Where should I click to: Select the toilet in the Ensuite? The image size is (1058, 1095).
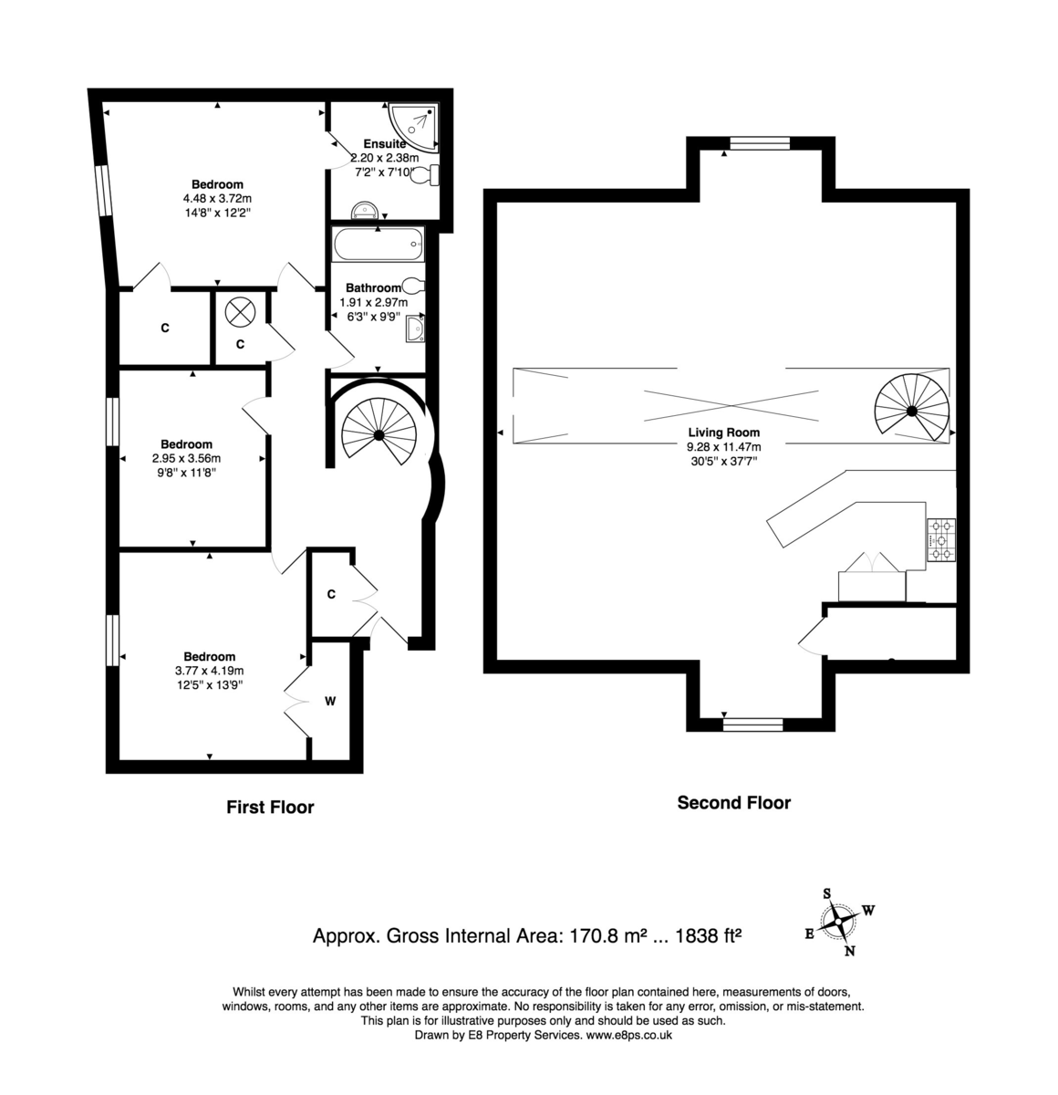pos(426,176)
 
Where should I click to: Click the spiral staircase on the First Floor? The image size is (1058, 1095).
pos(378,435)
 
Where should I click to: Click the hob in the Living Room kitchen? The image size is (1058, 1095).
pos(941,539)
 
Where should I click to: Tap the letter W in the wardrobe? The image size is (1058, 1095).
pos(331,702)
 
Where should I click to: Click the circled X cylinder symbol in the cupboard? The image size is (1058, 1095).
pos(240,310)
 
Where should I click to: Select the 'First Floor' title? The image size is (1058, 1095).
pos(270,807)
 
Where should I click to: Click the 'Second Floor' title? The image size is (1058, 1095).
pos(733,803)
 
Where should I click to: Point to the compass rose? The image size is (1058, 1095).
pos(837,923)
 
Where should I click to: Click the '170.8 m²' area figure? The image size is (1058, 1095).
pos(608,935)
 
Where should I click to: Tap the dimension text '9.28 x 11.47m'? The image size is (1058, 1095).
pos(723,447)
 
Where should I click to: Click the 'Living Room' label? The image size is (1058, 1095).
pos(723,433)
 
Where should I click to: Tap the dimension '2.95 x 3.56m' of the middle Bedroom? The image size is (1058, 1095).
pos(186,459)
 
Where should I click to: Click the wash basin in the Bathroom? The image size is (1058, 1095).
pos(415,327)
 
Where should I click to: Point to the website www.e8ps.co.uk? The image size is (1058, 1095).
pos(629,1035)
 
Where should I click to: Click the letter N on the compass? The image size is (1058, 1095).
pos(850,952)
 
